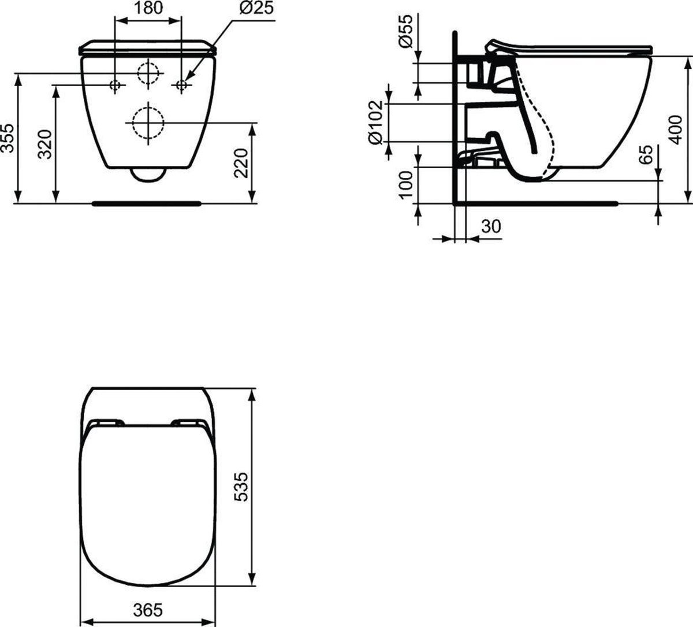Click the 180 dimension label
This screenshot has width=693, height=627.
coord(148,8)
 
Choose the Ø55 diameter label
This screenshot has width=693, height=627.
coord(407,32)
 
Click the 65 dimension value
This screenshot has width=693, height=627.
coord(647,155)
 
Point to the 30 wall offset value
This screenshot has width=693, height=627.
coord(491,227)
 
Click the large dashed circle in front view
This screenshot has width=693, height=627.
coord(148,123)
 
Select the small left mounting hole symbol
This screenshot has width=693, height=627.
coord(115,86)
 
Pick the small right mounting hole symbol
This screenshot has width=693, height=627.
coord(181,86)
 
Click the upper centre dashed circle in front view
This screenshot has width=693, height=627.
coord(148,72)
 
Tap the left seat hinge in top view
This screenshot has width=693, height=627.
coord(107,422)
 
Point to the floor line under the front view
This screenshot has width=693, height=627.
coord(147,203)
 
